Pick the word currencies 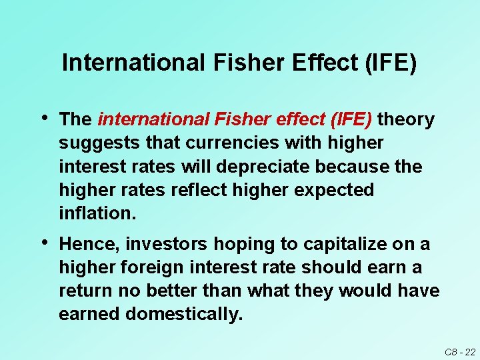point(214,143)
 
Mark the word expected point(333,190)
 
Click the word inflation point(97,213)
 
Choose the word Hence point(85,245)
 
